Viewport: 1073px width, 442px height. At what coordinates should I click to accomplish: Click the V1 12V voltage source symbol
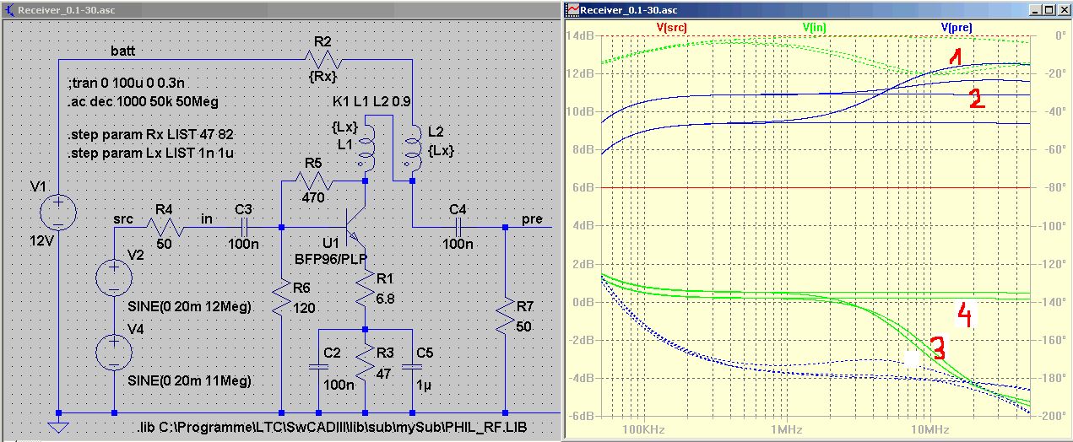(x=58, y=213)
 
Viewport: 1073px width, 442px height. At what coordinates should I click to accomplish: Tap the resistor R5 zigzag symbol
(x=314, y=181)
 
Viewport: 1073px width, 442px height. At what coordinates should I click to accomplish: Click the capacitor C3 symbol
(x=244, y=227)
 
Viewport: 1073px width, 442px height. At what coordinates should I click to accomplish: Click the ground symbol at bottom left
(x=58, y=426)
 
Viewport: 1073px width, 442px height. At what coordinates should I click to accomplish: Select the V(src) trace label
(x=671, y=27)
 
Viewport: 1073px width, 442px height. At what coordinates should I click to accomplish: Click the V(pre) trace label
(x=956, y=27)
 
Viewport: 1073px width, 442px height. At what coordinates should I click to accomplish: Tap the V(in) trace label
(x=815, y=27)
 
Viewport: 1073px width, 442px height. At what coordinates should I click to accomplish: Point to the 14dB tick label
(x=580, y=36)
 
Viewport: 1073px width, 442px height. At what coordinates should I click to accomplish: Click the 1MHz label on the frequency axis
(x=786, y=429)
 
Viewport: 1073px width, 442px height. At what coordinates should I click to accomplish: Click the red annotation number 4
(x=965, y=315)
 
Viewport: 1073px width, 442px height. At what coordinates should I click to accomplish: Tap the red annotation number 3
(x=938, y=348)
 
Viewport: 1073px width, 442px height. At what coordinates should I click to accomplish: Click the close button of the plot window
(x=1063, y=9)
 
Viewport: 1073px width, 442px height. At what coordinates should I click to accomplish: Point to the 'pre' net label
(x=532, y=219)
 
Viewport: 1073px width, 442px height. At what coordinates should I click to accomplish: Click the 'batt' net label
(x=123, y=51)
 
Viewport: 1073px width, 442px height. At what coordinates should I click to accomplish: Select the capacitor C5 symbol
(x=412, y=367)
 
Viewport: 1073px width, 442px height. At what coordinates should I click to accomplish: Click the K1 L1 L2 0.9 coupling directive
(x=371, y=101)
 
